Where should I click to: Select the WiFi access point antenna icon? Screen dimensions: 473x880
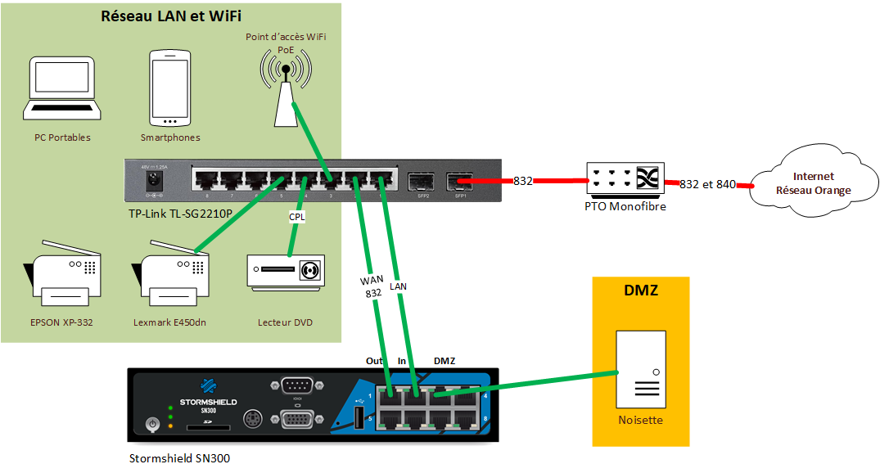(x=285, y=86)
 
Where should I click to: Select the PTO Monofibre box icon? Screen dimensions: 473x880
(x=624, y=181)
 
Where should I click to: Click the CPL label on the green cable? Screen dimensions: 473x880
(x=297, y=218)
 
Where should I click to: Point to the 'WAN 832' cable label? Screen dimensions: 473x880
(x=372, y=287)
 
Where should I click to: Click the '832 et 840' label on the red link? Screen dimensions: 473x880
(x=707, y=184)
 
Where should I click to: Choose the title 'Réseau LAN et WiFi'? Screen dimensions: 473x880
(x=171, y=17)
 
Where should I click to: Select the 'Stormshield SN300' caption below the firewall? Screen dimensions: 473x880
(x=180, y=458)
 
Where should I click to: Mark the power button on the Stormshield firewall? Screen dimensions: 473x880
(x=151, y=424)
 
